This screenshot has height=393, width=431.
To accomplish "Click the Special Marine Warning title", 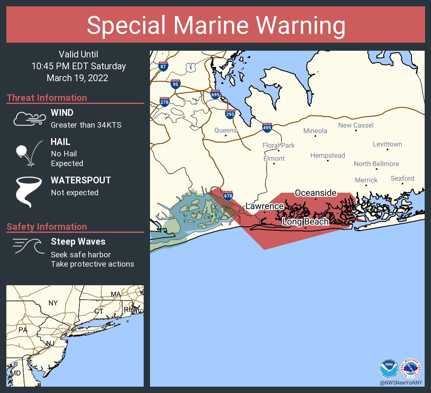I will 215,25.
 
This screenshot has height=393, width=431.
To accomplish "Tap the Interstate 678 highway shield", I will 228,194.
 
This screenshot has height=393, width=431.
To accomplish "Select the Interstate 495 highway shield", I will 267,127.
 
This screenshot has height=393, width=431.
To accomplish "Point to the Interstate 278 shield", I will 164,101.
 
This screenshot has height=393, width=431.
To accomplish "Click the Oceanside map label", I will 316,193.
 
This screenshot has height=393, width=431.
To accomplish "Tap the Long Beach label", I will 305,221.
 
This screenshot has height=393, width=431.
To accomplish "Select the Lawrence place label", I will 265,206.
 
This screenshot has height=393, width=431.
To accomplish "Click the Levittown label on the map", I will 387,144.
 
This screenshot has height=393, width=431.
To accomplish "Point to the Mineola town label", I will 315,131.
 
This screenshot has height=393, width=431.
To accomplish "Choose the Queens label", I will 226,130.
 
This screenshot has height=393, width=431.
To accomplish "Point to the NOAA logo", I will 389,368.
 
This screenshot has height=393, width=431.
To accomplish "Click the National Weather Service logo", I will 411,368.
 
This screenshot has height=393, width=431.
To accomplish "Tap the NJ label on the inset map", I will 49,343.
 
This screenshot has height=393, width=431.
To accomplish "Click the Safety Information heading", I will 47,227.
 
